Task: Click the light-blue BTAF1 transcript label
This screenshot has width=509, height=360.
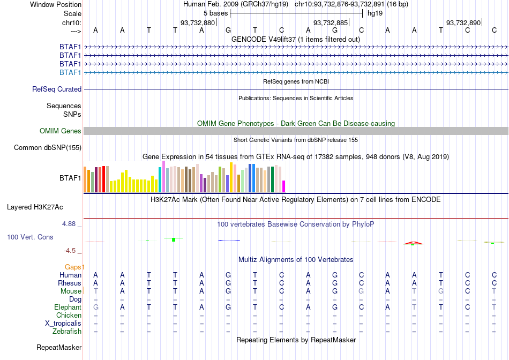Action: [70, 72]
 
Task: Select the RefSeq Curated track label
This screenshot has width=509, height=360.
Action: [57, 89]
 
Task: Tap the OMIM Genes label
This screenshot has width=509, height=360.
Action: [61, 131]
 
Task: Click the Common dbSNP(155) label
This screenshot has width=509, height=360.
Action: [48, 148]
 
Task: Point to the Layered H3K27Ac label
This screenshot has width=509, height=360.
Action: [35, 207]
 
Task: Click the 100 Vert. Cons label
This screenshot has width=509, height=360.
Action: [30, 237]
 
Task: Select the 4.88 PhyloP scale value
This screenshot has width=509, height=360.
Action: [69, 224]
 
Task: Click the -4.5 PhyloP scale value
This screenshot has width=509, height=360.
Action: [70, 251]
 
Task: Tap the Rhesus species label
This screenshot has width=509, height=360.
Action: [70, 283]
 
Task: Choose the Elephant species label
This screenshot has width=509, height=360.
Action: [68, 307]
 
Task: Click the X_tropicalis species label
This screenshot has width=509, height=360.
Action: [63, 324]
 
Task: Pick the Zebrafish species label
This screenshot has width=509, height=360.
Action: [67, 332]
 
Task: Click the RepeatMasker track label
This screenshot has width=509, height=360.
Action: [59, 347]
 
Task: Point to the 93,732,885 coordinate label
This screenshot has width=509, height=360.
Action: [331, 22]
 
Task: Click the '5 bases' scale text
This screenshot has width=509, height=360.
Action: [216, 13]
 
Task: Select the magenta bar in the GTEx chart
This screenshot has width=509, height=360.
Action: [284, 186]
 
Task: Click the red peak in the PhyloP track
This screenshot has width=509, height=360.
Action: [413, 243]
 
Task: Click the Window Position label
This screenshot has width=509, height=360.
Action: [56, 4]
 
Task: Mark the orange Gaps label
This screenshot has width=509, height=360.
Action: [74, 267]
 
